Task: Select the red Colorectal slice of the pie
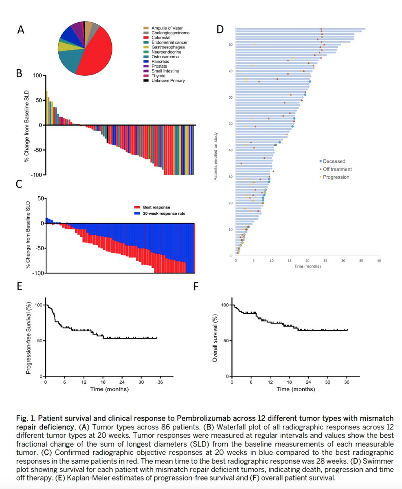(96, 53)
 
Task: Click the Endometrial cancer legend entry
(168, 42)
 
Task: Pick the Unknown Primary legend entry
(167, 81)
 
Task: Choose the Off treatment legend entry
(335, 169)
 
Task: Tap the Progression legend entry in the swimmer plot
(334, 177)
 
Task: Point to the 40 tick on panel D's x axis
(379, 261)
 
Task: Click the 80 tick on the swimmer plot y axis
(231, 45)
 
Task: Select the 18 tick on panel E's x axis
(103, 382)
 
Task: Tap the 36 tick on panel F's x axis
(347, 382)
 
